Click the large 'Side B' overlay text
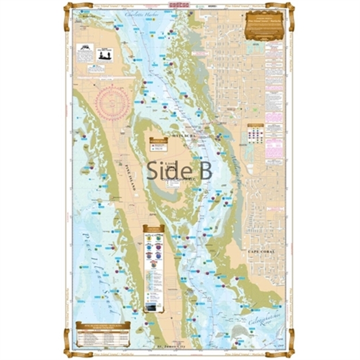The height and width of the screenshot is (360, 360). click(x=179, y=170)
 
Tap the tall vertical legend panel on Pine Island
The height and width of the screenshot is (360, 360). click(x=153, y=268)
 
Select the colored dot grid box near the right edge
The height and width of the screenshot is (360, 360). click(x=255, y=134)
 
